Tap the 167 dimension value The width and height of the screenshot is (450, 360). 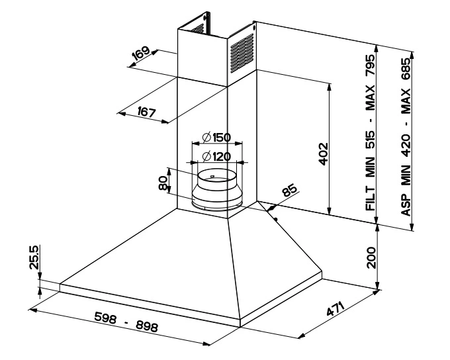[x=144, y=112]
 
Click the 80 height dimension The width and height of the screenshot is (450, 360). [x=163, y=182]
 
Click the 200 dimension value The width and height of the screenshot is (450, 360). [x=371, y=256]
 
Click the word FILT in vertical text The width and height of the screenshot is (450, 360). [x=371, y=199]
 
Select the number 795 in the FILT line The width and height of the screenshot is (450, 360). [x=371, y=67]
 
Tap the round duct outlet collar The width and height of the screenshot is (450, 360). [x=216, y=191]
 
